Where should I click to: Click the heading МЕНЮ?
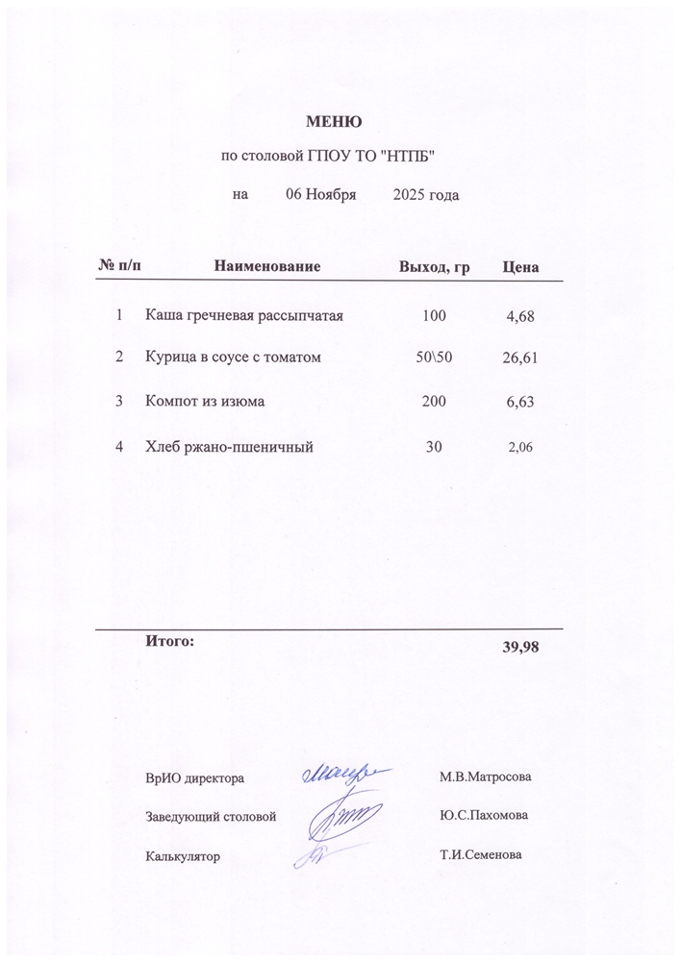[334, 122]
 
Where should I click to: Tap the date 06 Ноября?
[322, 195]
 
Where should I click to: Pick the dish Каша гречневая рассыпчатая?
[244, 315]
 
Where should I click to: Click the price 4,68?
[519, 316]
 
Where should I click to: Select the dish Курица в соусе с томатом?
[232, 357]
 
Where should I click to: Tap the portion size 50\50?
[434, 357]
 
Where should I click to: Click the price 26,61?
[519, 358]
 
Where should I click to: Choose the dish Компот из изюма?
[205, 402]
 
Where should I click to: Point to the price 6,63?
[519, 403]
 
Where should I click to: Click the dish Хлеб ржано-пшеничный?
[229, 446]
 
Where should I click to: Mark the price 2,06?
[519, 447]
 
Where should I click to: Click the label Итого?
[169, 639]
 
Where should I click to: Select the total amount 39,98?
[520, 647]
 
